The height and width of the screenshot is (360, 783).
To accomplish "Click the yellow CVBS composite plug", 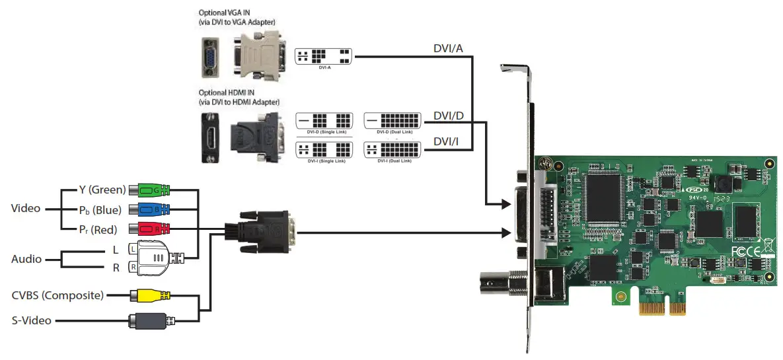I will (x=151, y=295).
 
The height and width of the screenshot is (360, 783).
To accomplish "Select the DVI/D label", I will (x=449, y=116).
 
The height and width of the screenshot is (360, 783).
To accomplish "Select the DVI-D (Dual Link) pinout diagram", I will (x=392, y=121).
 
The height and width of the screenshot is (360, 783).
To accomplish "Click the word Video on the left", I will (x=26, y=209).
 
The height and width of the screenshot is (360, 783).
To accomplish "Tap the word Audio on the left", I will (x=26, y=260).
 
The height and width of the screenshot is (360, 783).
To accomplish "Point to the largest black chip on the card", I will (x=609, y=196).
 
